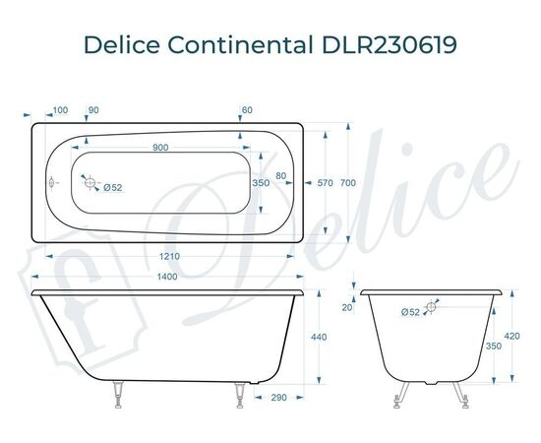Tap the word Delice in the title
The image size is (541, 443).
118,45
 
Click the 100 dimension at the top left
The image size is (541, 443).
60,109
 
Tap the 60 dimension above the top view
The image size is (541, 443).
247,109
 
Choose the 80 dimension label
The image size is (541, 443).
280,176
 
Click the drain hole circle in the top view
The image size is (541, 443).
90,183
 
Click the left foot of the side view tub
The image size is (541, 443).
119,393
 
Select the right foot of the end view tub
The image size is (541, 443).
461,394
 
